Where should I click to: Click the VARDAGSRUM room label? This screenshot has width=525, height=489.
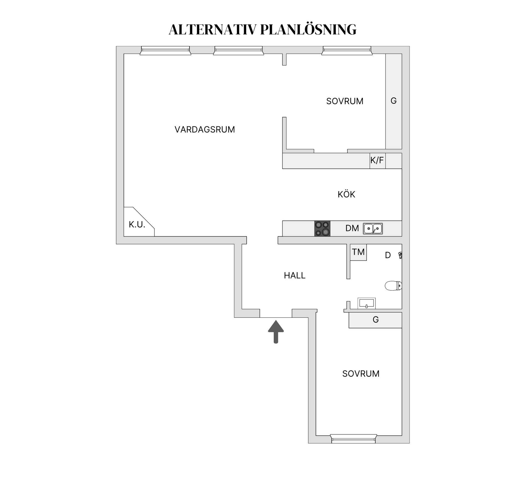(x=205, y=129)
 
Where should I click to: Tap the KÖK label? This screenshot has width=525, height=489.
(x=346, y=194)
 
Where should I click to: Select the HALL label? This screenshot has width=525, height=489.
(x=294, y=275)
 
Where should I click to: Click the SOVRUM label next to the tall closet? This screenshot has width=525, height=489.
(x=345, y=101)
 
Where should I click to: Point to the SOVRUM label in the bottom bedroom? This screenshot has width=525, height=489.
(x=361, y=374)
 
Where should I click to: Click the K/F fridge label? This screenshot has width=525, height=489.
(x=377, y=160)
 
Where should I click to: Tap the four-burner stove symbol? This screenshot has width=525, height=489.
(x=322, y=228)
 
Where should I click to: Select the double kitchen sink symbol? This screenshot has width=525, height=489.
(x=373, y=228)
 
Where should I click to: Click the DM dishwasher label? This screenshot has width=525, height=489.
(x=352, y=228)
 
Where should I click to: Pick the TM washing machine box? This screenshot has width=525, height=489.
(x=358, y=252)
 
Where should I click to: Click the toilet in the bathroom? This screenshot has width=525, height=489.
(x=393, y=286)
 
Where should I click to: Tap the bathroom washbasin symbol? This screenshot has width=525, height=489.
(x=366, y=303)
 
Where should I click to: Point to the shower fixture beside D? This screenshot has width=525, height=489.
(x=400, y=255)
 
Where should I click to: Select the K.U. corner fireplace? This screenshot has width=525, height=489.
(x=137, y=224)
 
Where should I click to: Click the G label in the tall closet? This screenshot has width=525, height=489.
(x=393, y=101)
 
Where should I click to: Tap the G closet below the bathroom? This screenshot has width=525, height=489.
(x=375, y=320)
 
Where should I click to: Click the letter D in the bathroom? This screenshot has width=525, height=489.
(x=388, y=255)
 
